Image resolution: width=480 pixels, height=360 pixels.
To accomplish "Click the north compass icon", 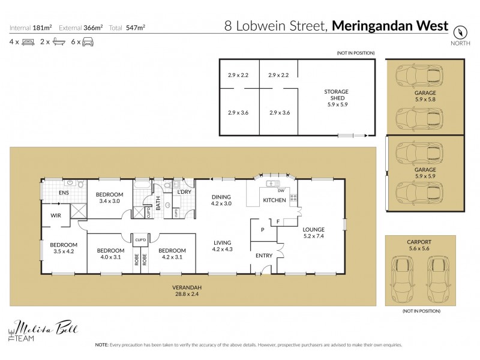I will (460, 32).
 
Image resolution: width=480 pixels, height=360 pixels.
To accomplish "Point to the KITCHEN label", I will (274, 199).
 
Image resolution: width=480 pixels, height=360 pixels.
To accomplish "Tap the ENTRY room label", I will (263, 256).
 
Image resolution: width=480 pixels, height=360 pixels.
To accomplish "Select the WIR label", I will (56, 214).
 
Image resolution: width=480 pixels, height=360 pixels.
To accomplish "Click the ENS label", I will (64, 193).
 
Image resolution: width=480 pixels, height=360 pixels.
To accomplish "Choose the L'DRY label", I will (184, 191).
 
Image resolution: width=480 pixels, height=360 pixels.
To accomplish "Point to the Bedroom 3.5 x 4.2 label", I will (64, 248).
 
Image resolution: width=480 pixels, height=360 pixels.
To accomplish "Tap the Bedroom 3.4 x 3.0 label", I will (110, 197).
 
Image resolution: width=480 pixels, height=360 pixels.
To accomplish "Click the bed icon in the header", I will (28, 42).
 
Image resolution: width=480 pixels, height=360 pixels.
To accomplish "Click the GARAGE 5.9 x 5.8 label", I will (425, 97).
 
